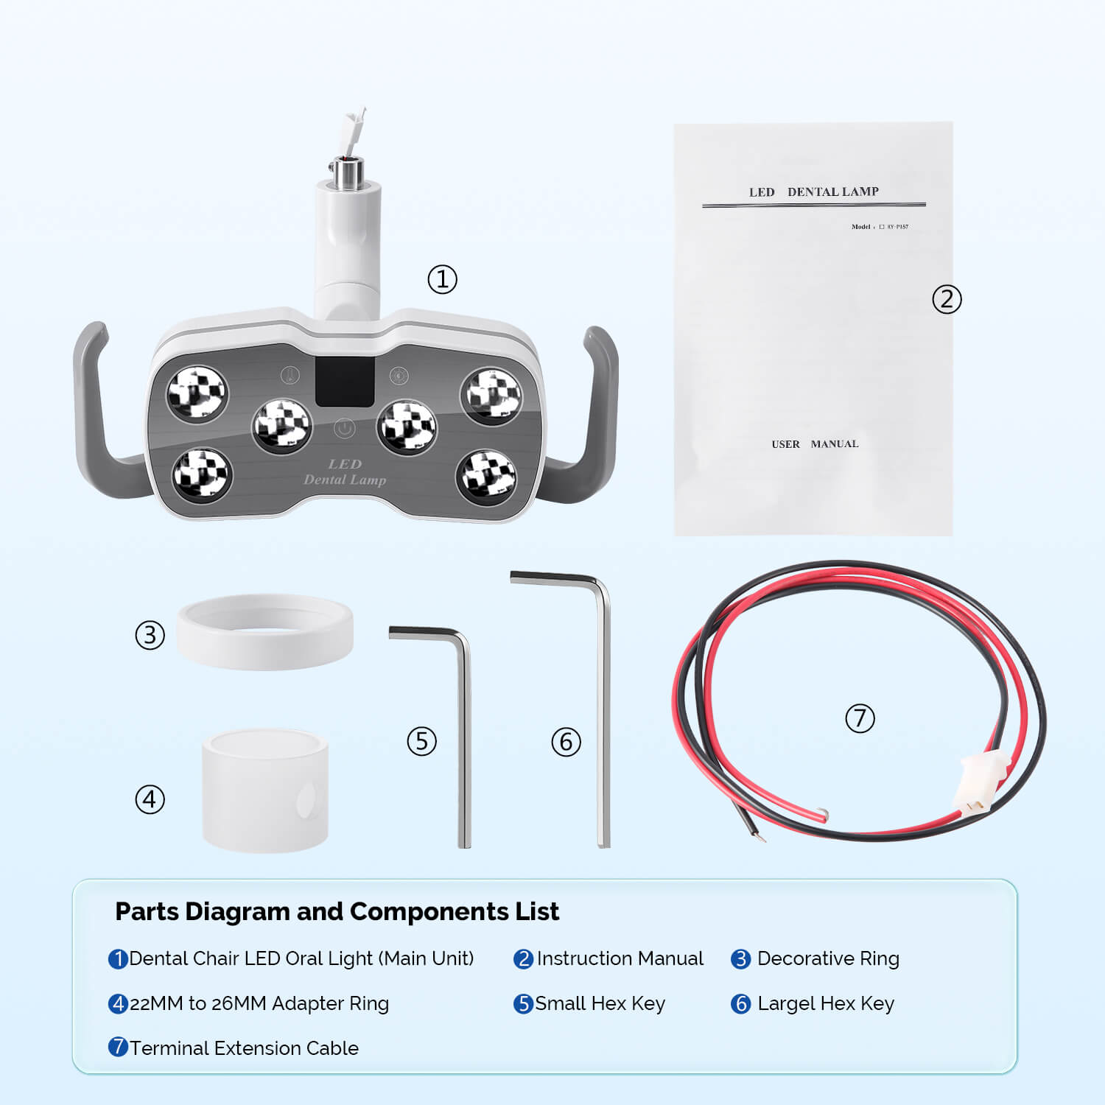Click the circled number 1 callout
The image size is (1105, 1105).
tap(442, 280)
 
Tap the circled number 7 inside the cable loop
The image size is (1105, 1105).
tap(860, 718)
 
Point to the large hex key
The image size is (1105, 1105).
tap(603, 722)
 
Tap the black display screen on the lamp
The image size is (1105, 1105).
tap(345, 381)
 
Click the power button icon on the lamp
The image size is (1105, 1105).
tap(344, 428)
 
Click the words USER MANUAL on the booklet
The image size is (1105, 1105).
tap(815, 444)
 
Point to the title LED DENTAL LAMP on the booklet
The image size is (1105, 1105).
tap(813, 192)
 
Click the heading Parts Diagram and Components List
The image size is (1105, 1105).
tap(337, 911)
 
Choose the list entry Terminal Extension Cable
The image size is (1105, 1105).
tap(244, 1048)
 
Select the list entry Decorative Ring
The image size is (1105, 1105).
tap(828, 958)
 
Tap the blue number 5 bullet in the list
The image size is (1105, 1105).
tap(522, 1004)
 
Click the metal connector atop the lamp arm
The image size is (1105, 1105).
tap(345, 172)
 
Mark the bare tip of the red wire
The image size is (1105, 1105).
tap(824, 814)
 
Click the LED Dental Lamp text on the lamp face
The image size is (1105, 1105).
tap(345, 472)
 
